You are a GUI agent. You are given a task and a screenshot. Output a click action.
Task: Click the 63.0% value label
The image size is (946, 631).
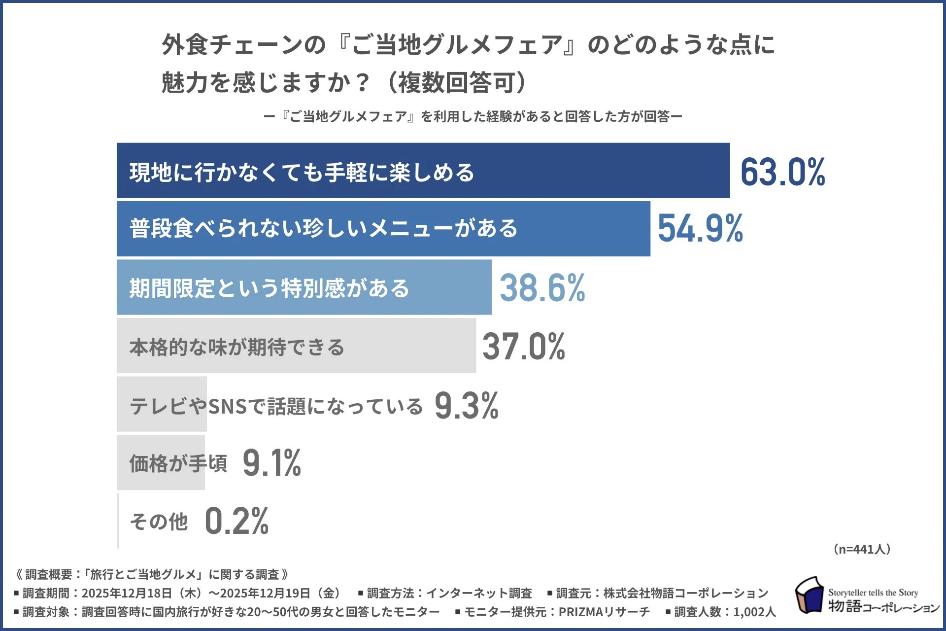tap(782, 172)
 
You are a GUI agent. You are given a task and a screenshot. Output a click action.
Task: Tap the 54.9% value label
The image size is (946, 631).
tap(700, 229)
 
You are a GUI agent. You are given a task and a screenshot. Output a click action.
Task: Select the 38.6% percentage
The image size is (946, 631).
tap(542, 288)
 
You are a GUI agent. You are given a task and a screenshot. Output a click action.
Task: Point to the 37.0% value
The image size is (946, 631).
tap(524, 347)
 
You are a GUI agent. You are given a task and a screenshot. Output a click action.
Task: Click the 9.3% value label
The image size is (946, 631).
tap(466, 406)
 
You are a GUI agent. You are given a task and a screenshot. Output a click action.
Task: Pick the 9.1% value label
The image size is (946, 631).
tap(271, 463)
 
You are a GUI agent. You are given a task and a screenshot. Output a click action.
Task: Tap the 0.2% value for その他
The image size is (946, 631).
tap(236, 521)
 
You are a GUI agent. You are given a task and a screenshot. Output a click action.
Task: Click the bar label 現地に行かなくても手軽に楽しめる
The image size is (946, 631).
tap(302, 173)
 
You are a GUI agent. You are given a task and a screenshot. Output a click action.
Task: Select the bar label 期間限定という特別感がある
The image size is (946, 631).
tap(269, 288)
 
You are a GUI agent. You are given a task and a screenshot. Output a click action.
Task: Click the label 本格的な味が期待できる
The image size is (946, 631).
tap(236, 347)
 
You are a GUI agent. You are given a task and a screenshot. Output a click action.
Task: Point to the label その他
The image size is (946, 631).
tap(159, 522)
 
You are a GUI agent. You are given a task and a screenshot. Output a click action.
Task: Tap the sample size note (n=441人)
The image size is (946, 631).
tap(862, 549)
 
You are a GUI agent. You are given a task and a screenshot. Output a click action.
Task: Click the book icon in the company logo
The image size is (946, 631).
tap(809, 596)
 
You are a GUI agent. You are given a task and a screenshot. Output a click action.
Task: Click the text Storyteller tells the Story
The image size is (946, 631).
tap(873, 593)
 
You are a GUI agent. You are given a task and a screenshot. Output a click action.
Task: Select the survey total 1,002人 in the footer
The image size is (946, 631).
tap(754, 612)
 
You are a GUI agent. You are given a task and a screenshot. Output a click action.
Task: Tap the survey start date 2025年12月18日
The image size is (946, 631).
tap(126, 593)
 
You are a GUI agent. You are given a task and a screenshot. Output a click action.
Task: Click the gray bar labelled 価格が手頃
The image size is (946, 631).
tap(161, 462)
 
